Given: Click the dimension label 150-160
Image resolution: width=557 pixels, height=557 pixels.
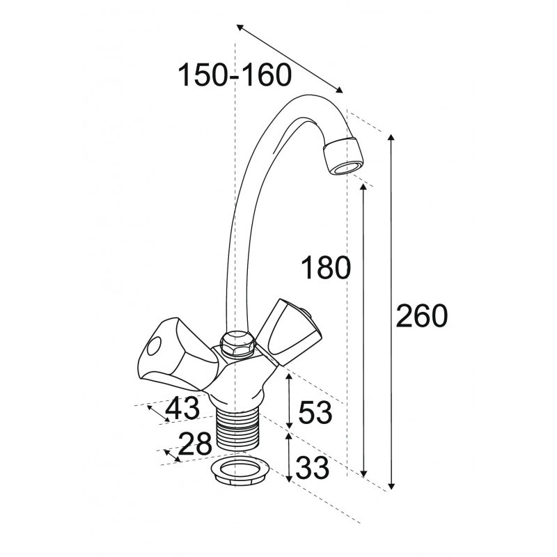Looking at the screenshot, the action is tap(235, 75).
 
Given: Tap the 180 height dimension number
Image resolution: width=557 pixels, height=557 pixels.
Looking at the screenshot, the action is tap(326, 267).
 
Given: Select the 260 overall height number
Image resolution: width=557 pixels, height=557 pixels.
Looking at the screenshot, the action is tap(422, 315).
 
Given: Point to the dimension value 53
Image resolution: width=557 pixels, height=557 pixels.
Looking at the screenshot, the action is tap(315, 412).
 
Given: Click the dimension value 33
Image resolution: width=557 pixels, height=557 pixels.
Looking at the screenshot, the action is tap(313, 467).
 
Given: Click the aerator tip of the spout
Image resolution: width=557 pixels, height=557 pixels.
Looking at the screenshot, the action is tap(343, 156).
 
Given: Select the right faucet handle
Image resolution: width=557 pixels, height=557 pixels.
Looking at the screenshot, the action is tap(288, 332).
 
